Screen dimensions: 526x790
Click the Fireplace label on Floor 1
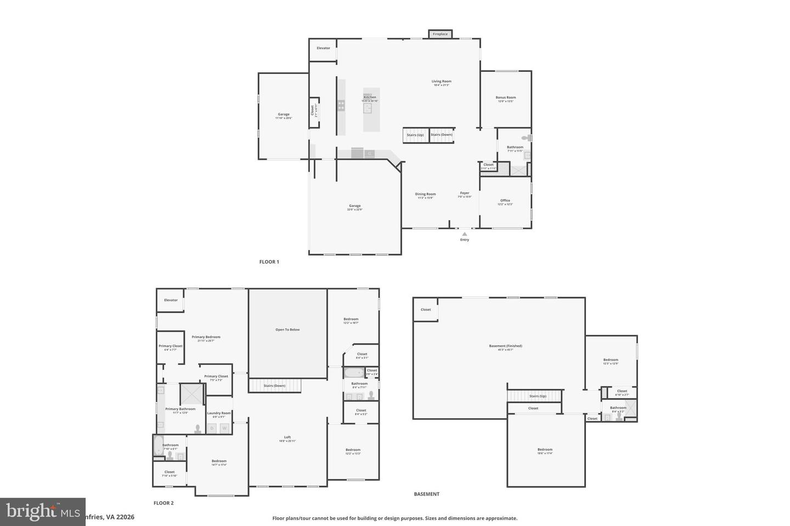440,34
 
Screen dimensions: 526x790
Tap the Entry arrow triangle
465,234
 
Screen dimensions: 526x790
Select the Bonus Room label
505,98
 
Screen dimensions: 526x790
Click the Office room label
505,201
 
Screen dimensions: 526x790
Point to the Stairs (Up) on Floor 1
415,135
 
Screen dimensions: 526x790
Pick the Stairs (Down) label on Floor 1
442,135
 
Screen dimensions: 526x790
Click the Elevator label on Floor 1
323,48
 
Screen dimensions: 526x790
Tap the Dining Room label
425,194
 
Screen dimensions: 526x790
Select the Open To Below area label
287,330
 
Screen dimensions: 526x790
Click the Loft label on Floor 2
287,437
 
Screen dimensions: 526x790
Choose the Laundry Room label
219,413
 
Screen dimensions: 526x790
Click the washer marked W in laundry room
224,428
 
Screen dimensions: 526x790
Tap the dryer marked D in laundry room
212,428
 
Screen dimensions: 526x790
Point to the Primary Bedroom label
206,337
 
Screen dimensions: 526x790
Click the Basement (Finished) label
505,346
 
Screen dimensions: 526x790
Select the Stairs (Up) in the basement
537,396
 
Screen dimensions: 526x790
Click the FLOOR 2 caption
163,503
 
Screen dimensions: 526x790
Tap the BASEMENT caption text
426,494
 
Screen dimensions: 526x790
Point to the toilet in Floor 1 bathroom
525,138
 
